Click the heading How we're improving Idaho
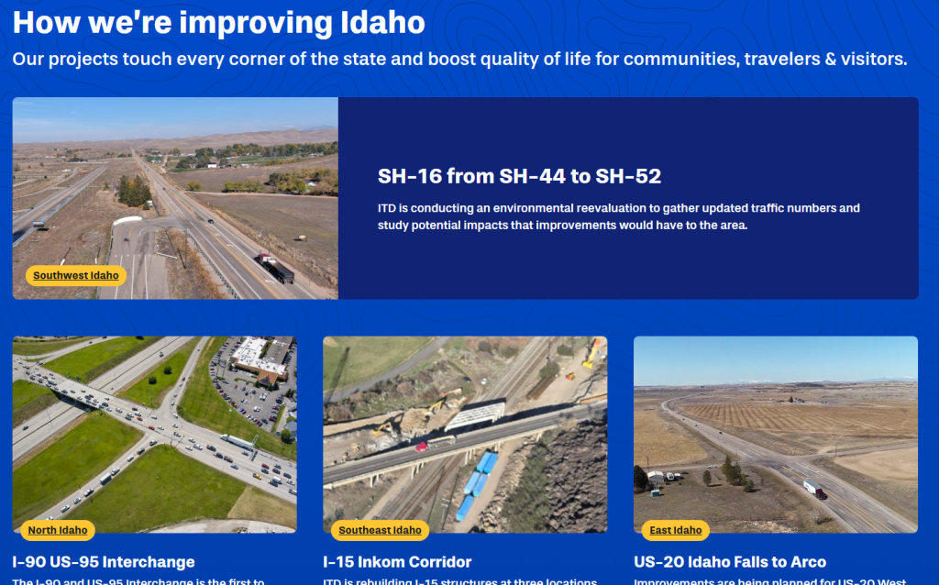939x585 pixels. coord(218,22)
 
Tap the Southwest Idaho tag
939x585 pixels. coord(76,275)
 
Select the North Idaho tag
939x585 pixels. coord(58,530)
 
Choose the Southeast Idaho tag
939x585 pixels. coord(380,530)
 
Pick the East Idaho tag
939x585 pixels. coord(676,530)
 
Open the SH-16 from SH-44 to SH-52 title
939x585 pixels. coord(519,176)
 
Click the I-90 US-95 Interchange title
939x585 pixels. coord(104,562)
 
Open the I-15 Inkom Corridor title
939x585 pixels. coord(397,562)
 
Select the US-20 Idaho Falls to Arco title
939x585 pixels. coord(729,562)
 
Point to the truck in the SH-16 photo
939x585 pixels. coord(277,268)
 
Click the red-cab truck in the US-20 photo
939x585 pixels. coord(814,490)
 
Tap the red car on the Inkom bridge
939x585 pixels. coord(422,447)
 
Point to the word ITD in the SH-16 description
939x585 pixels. coord(386,208)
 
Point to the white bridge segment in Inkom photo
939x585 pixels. coord(475,415)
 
